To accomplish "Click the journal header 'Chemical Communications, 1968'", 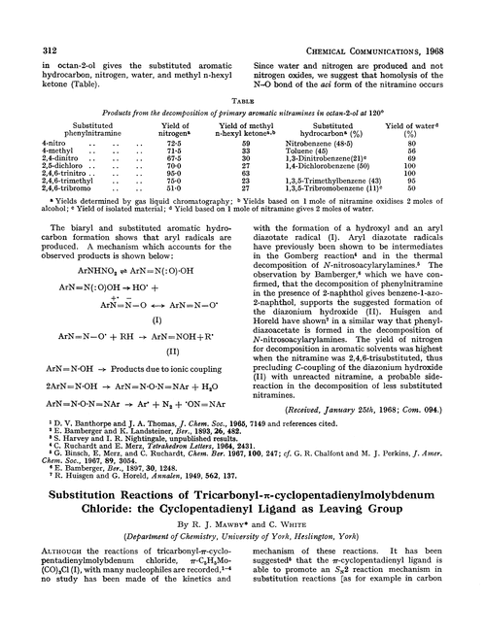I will pyautogui.click(x=383, y=13).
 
